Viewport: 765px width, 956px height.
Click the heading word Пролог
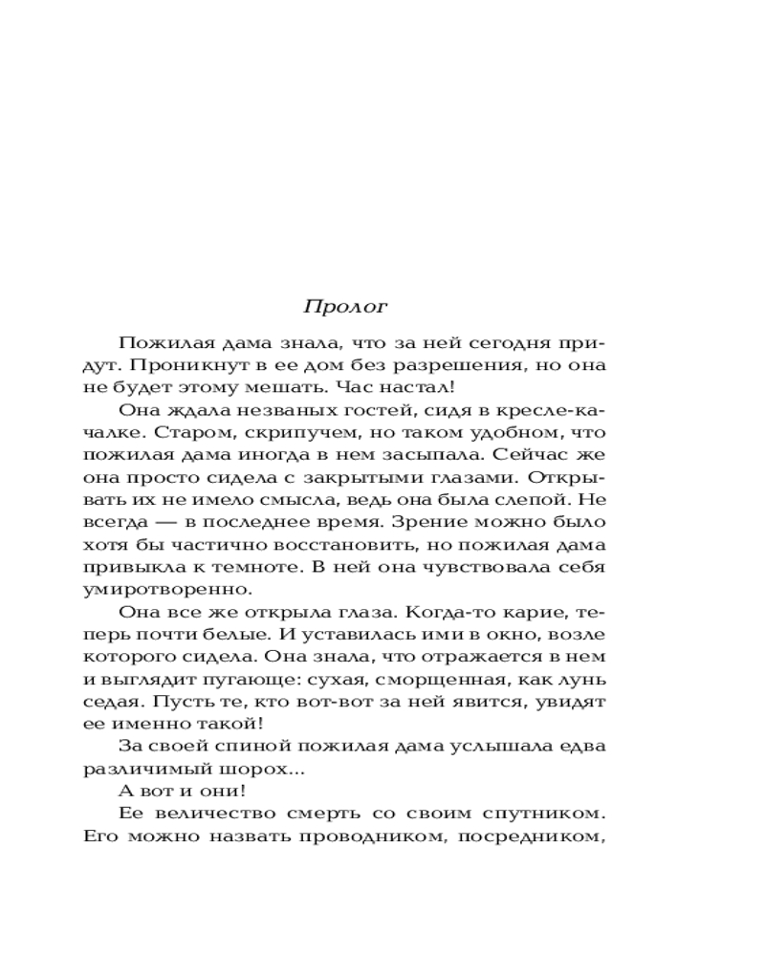[x=345, y=307]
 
